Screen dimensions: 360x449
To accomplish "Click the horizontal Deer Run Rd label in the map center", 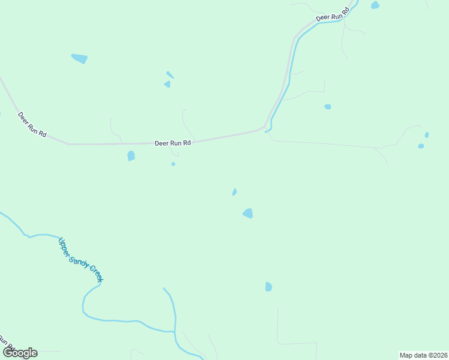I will click(173, 143).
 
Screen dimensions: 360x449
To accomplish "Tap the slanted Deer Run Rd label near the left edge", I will click(32, 125).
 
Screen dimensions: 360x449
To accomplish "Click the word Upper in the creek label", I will click(64, 247).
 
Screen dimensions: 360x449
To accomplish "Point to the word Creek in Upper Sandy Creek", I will click(97, 274).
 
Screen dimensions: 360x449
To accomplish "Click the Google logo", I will click(20, 352).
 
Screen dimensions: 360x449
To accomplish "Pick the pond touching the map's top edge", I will click(375, 5).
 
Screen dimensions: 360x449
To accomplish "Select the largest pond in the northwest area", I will click(80, 58).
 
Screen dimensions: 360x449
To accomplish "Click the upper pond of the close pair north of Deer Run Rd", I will click(170, 75).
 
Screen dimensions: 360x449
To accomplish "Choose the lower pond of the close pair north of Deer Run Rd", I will click(167, 85).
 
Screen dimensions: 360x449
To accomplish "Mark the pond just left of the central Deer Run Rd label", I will click(131, 156).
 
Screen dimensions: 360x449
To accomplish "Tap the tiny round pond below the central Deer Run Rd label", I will click(173, 164).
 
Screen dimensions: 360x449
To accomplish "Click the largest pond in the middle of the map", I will click(248, 213).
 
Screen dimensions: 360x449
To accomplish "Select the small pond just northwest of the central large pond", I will click(234, 192).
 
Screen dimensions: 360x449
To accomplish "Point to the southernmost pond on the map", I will click(268, 287).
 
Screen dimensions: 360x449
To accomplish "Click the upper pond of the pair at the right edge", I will click(427, 135).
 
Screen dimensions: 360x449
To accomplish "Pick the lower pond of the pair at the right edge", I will click(421, 146).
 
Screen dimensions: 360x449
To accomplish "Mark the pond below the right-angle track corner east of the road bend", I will click(328, 107).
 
